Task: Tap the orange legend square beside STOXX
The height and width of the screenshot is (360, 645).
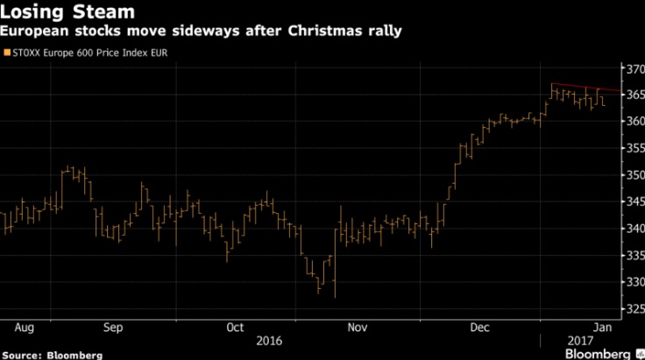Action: click(x=8, y=53)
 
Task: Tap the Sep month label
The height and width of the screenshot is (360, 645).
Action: click(x=113, y=328)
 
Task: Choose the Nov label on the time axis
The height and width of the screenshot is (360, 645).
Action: click(x=358, y=328)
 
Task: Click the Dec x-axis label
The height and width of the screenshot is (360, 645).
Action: click(x=480, y=328)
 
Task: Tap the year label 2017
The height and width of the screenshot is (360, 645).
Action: click(x=574, y=341)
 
